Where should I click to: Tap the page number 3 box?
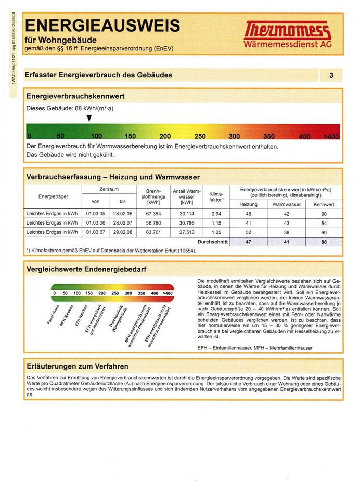(331, 76)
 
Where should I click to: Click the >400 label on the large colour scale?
(331, 137)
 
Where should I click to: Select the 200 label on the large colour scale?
(165, 137)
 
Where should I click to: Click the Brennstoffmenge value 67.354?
(153, 213)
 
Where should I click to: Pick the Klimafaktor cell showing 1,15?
(216, 222)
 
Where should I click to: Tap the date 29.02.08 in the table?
(123, 232)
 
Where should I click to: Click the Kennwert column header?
(324, 205)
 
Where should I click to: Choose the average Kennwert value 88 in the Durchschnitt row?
(324, 242)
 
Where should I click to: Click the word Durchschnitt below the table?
(213, 242)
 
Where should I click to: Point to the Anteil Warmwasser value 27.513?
(186, 232)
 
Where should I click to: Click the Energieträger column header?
(53, 196)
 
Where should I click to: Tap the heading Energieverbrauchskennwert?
(75, 96)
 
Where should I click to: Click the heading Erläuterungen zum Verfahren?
(77, 366)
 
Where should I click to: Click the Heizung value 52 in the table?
(248, 232)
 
